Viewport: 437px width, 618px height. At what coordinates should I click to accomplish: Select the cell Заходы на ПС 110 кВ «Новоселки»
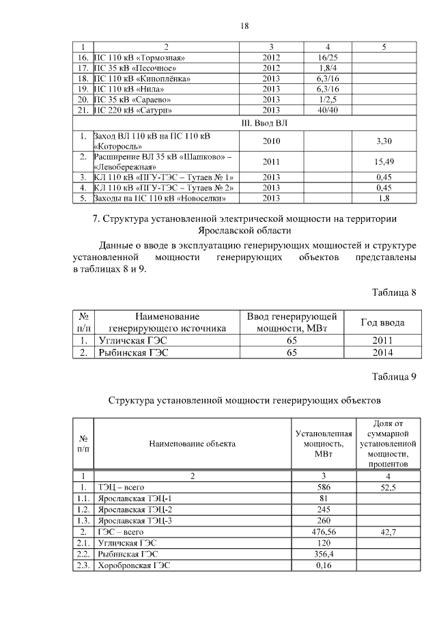159,199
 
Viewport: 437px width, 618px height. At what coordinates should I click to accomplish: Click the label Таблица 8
394,292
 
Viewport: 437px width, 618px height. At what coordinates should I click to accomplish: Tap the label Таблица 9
394,376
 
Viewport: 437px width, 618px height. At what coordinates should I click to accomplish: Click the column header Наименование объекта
193,443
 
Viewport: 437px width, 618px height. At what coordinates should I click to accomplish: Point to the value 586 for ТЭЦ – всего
324,487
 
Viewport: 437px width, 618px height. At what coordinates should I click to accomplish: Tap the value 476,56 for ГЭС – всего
324,531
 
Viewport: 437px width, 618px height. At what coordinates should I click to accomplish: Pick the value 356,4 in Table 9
324,554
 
